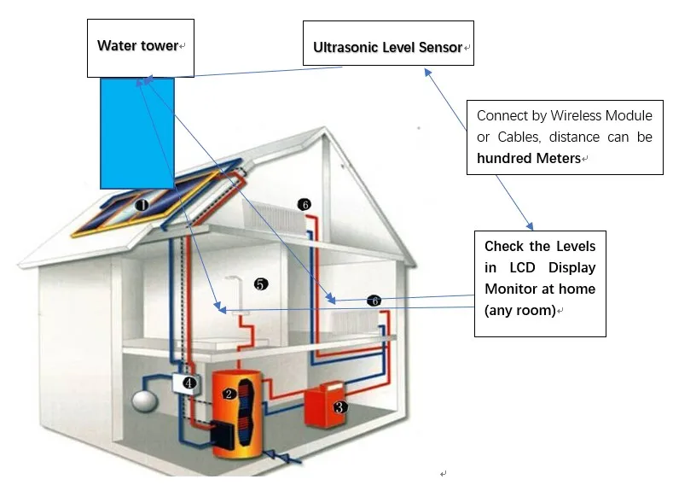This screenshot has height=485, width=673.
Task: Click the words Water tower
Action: (137, 45)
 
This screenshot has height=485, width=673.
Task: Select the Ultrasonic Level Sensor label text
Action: (387, 47)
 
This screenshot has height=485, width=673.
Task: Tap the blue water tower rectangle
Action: (137, 133)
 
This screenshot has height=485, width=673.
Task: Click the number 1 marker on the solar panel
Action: (142, 205)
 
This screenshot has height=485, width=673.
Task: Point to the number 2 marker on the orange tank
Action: (229, 394)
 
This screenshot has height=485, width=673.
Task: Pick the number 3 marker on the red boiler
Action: (339, 406)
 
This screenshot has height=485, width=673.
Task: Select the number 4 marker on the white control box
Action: (189, 382)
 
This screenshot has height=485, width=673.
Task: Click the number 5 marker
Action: (260, 284)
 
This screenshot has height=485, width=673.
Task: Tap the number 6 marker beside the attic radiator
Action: (305, 204)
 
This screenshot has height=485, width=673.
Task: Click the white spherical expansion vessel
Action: (145, 400)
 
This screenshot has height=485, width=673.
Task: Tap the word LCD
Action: (522, 267)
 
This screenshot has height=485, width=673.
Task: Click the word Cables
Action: (519, 137)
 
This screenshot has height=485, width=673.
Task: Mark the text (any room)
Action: (520, 310)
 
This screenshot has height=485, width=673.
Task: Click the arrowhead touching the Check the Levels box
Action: (531, 226)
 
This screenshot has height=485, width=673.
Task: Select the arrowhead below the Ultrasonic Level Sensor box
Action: (428, 73)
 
